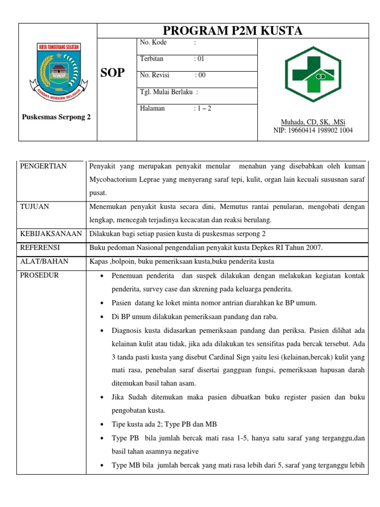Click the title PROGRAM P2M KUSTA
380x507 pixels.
[233, 31]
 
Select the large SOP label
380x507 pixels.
[113, 73]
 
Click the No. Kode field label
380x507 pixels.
[154, 43]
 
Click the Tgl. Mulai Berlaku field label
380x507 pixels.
[169, 92]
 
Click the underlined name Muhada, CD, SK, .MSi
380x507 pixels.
[313, 122]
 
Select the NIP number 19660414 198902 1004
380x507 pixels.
[313, 130]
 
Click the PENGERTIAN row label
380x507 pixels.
[43, 166]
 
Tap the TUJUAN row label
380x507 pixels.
[35, 206]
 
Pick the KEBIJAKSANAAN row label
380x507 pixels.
[50, 233]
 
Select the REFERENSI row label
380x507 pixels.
[40, 247]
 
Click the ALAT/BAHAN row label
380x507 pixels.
[44, 261]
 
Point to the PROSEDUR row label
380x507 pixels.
[39, 275]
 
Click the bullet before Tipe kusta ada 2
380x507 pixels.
[101, 425]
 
